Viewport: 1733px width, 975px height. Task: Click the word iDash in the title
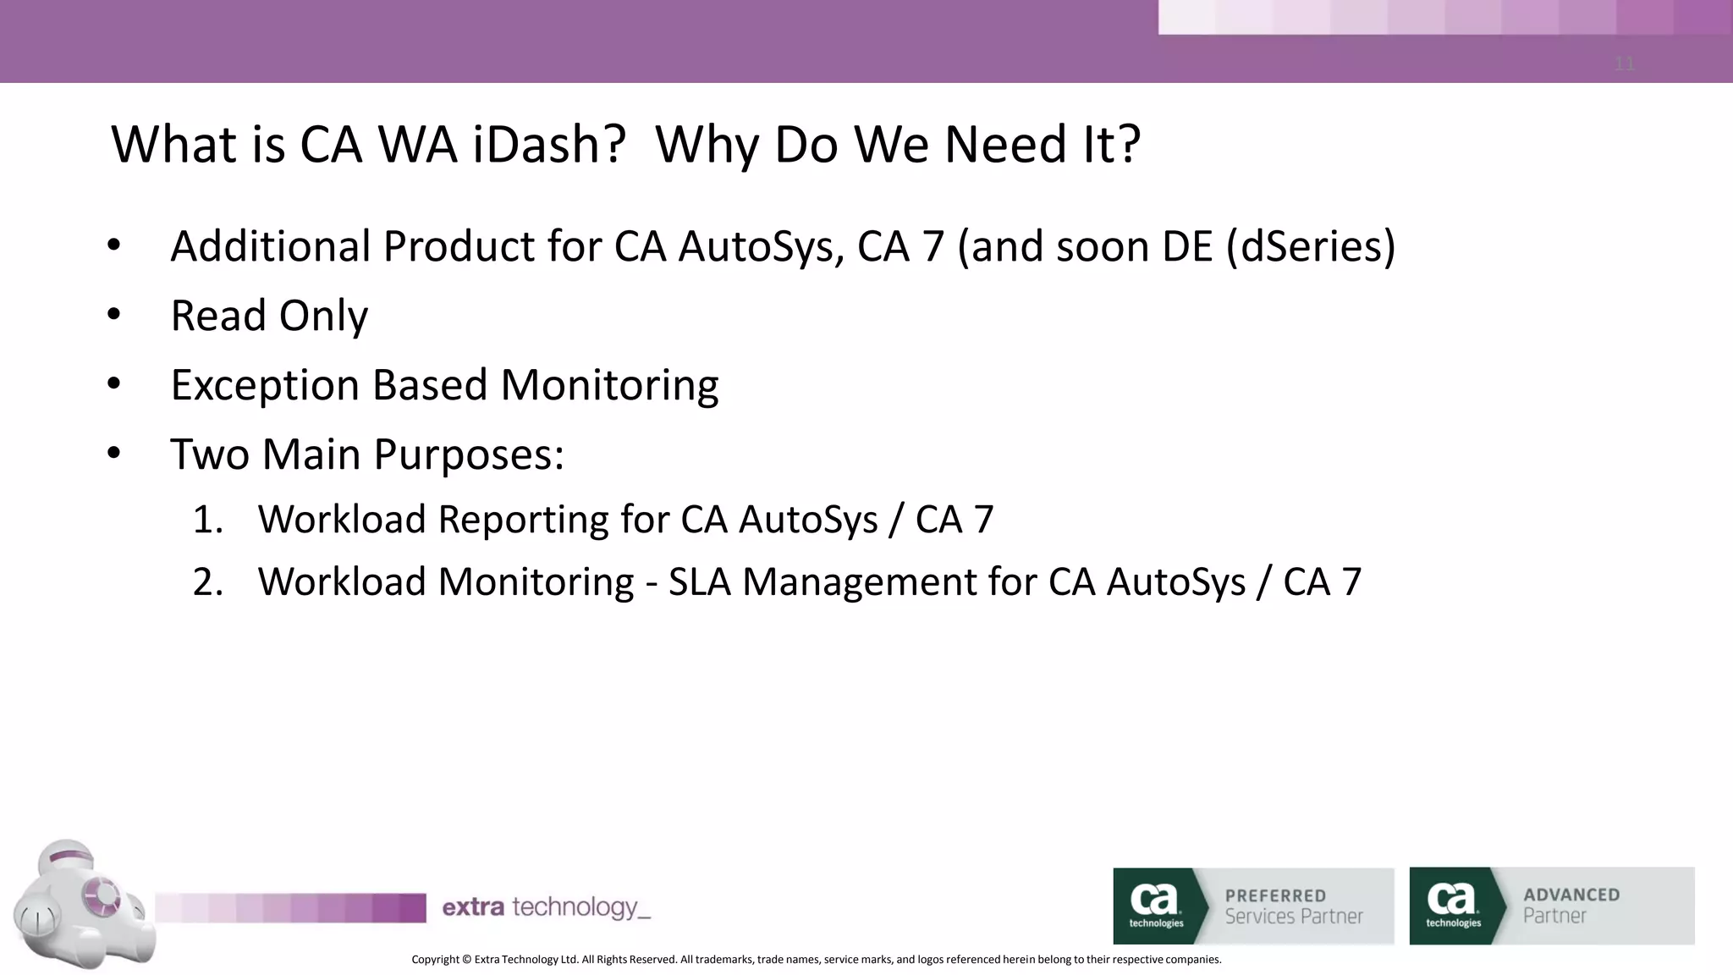[548, 144]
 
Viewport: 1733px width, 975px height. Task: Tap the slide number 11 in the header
[1624, 63]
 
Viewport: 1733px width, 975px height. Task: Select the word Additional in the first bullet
[269, 246]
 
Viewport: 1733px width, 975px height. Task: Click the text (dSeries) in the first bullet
[1311, 247]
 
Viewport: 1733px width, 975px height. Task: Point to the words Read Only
[269, 316]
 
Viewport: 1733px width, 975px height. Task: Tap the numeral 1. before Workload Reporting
[207, 520]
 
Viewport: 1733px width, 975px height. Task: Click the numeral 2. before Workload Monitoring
[207, 582]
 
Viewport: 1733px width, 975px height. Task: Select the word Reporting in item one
[523, 520]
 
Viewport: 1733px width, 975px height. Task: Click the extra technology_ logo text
[546, 907]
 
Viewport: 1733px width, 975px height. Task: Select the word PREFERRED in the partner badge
[1275, 895]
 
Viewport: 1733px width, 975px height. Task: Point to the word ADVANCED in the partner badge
[1571, 895]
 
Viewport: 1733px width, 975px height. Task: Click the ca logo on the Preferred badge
[1155, 904]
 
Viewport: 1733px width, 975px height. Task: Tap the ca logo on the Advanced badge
[1452, 904]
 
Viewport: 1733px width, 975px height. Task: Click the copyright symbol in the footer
[466, 960]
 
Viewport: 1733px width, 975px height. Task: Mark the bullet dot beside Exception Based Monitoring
[114, 384]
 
